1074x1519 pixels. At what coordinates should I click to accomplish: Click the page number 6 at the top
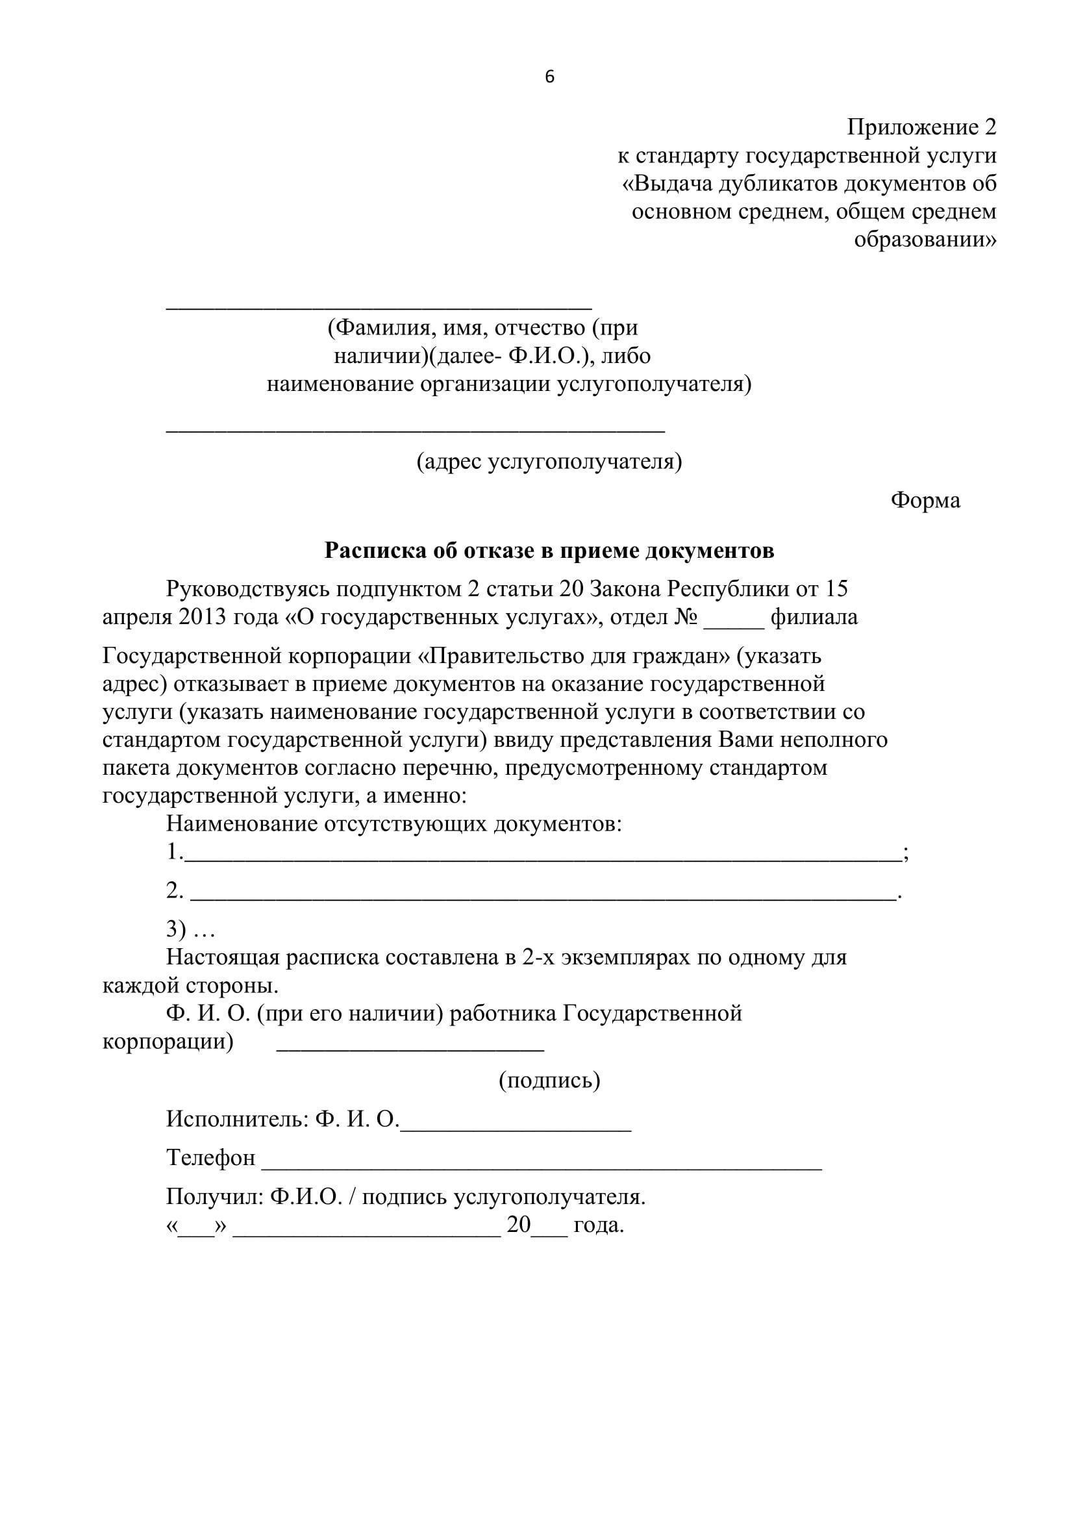click(549, 77)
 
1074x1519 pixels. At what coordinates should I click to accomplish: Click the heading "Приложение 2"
click(921, 127)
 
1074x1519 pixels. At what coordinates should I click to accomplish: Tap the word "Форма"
click(925, 500)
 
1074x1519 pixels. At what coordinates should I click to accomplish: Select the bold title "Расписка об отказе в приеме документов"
click(549, 551)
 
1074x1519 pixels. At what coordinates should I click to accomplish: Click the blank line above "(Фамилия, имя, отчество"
click(379, 308)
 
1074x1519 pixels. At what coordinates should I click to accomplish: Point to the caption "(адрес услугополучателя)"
click(549, 461)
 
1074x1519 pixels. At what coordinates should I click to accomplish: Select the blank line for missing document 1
click(542, 859)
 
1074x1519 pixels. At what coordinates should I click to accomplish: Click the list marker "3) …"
click(190, 929)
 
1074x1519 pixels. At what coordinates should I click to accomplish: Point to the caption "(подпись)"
click(549, 1080)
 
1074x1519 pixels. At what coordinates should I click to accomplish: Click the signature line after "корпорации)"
click(410, 1050)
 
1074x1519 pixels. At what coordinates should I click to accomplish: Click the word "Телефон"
click(210, 1158)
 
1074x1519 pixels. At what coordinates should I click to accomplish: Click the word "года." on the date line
click(599, 1225)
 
